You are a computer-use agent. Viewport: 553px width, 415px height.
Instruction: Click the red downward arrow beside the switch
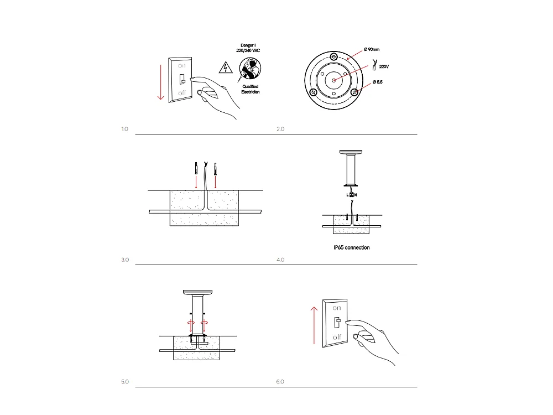tap(160, 82)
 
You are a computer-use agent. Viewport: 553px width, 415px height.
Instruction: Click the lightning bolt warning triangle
tap(225, 68)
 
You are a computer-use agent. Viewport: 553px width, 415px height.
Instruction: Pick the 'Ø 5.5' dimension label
tap(377, 82)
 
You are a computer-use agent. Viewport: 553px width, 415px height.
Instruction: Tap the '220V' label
tap(384, 65)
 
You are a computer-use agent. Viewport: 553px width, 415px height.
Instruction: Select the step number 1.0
tap(124, 129)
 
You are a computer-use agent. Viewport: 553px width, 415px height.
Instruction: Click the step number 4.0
tap(280, 260)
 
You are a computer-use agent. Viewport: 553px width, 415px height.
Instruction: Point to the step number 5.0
tap(124, 382)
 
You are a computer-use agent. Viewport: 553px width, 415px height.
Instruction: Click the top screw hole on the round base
tap(333, 58)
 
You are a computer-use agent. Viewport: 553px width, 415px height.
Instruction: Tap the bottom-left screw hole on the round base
tap(314, 92)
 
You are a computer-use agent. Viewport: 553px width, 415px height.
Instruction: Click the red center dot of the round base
tap(333, 80)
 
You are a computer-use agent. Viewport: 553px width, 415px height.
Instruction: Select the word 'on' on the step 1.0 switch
tap(182, 65)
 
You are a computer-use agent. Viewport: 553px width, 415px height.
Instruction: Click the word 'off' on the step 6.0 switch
tap(337, 336)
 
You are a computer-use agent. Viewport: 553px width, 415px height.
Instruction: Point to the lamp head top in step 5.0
tap(197, 292)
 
